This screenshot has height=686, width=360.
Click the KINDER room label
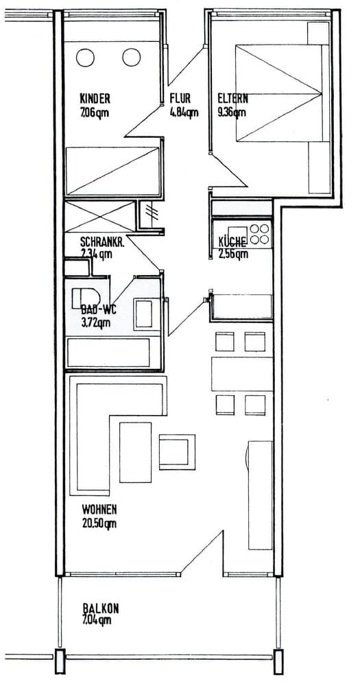click(x=95, y=98)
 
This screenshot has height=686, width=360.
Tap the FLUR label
click(x=180, y=98)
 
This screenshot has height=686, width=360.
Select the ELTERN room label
click(x=232, y=98)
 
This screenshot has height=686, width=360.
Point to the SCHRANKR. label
click(x=101, y=241)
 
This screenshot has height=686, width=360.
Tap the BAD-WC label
click(x=95, y=309)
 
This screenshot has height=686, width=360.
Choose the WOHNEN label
click(x=99, y=510)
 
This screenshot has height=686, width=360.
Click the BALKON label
click(x=101, y=608)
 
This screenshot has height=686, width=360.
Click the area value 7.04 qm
click(x=97, y=621)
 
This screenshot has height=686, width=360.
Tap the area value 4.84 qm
click(x=184, y=113)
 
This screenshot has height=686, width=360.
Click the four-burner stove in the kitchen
click(x=260, y=234)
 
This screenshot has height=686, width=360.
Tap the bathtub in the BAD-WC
click(x=113, y=353)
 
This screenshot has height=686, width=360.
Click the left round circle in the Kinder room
click(x=86, y=58)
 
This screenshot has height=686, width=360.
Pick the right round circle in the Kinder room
click(x=131, y=58)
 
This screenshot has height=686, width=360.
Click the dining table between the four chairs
click(x=241, y=374)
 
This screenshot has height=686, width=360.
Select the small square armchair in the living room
click(x=178, y=452)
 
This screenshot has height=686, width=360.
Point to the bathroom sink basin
click(x=145, y=314)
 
